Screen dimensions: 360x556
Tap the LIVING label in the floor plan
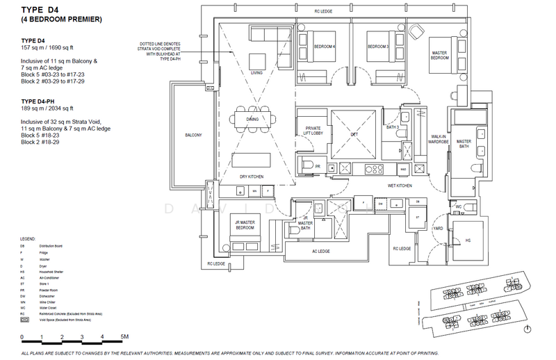256,72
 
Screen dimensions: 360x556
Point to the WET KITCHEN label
400,186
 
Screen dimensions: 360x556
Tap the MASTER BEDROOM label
439,56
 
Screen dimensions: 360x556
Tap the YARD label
439,227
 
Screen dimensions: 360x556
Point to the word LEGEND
29,238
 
